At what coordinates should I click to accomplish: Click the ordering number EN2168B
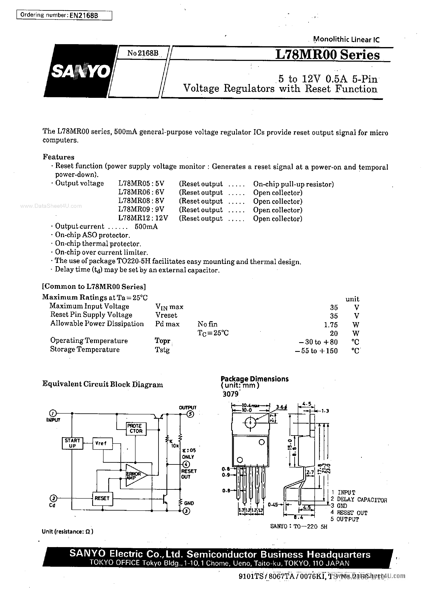[84, 15]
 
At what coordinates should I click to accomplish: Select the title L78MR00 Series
[327, 55]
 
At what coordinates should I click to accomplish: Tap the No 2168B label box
[143, 53]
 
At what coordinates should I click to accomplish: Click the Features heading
[58, 157]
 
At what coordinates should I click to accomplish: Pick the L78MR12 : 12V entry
[143, 218]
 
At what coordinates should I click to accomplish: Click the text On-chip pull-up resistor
[293, 184]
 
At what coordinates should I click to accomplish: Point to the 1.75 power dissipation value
[331, 324]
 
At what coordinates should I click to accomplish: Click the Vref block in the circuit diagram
[102, 443]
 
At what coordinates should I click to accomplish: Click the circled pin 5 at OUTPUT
[190, 414]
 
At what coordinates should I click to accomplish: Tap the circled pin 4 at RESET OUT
[186, 464]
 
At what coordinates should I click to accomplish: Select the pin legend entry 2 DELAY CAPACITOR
[359, 499]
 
